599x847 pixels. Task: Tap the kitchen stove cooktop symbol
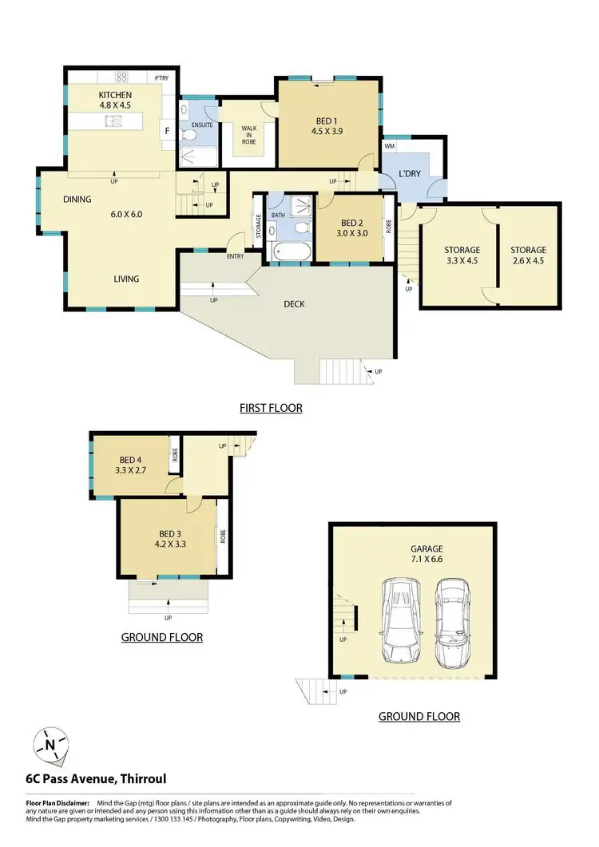(x=122, y=77)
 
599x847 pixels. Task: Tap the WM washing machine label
(x=390, y=147)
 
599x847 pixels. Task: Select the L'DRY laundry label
(x=410, y=173)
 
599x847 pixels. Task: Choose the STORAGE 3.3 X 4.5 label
(x=462, y=255)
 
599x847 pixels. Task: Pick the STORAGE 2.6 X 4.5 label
(x=529, y=255)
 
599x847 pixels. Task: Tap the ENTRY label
(x=236, y=256)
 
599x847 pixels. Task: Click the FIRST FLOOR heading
(x=272, y=408)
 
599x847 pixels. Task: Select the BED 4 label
(x=131, y=460)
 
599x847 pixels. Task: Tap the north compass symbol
(x=50, y=745)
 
